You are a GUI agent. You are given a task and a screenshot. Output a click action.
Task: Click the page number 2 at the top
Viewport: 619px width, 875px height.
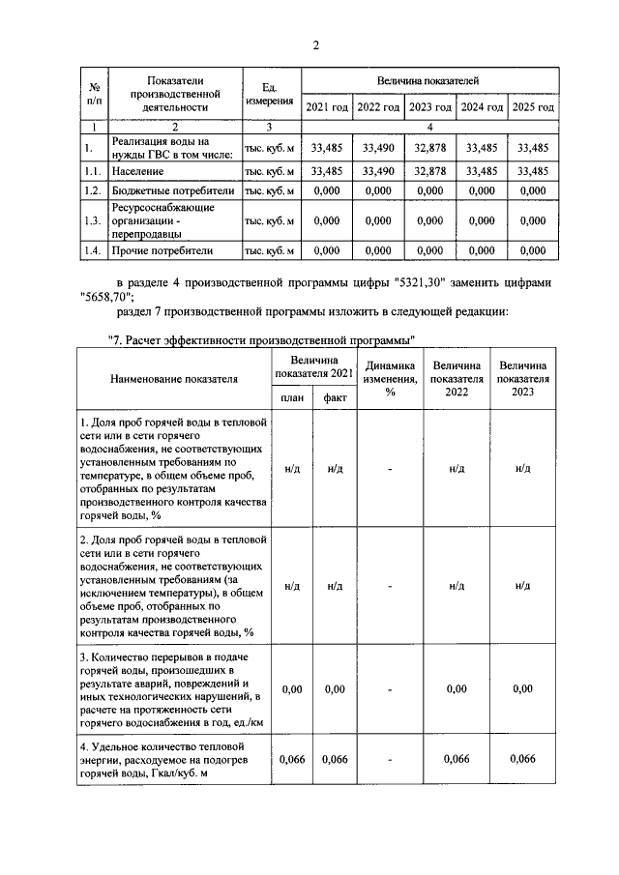pyautogui.click(x=315, y=45)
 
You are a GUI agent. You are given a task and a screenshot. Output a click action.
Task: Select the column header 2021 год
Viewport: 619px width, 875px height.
pyautogui.click(x=327, y=106)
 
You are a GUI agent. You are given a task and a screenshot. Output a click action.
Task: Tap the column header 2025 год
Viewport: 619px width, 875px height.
pyautogui.click(x=533, y=106)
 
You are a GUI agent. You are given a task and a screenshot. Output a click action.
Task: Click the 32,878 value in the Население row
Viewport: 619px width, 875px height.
pyautogui.click(x=429, y=170)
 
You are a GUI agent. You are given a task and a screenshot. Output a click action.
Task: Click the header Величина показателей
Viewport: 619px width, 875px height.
pyautogui.click(x=428, y=80)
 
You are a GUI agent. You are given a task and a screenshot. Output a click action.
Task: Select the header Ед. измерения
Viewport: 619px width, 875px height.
pyautogui.click(x=270, y=95)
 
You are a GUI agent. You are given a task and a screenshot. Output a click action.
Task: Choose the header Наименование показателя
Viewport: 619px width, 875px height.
pyautogui.click(x=173, y=379)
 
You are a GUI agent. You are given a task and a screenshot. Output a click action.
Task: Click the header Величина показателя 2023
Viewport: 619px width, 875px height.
pyautogui.click(x=522, y=379)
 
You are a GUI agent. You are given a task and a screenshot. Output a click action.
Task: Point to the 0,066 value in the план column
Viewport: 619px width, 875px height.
pyautogui.click(x=292, y=760)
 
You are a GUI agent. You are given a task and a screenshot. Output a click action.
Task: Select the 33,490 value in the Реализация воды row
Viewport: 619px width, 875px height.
pyautogui.click(x=377, y=148)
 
